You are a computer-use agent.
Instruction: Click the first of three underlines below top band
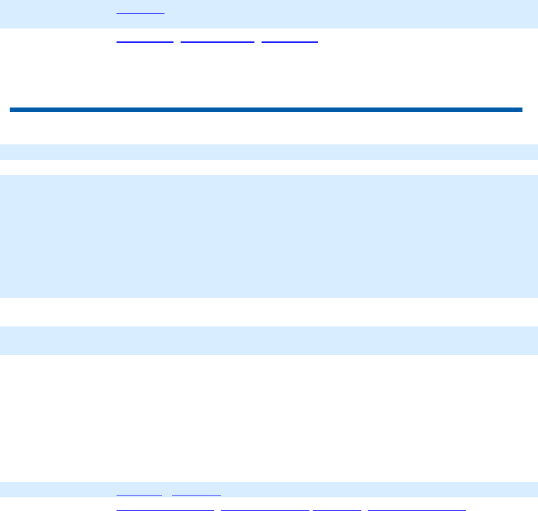coord(145,41)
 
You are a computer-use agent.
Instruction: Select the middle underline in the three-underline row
coord(218,41)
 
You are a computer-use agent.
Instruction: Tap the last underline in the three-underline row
coord(289,41)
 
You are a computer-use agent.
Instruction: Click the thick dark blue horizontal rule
coord(265,110)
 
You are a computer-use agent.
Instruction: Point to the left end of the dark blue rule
coord(11,110)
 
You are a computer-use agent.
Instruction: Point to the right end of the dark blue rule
coord(521,110)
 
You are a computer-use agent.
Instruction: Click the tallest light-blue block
coord(269,236)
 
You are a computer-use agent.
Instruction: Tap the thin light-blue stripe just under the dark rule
coord(269,152)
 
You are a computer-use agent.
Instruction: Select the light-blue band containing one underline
coord(324,14)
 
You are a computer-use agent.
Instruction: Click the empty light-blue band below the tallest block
coord(269,340)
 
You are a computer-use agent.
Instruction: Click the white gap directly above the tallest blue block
coord(269,167)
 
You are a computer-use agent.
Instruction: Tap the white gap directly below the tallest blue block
coord(269,312)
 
